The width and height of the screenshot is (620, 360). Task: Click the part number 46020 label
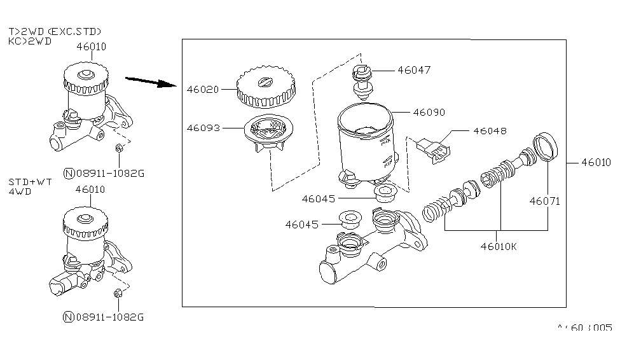click(202, 90)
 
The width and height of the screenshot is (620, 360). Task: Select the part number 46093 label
click(202, 128)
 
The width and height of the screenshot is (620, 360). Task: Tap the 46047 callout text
click(414, 70)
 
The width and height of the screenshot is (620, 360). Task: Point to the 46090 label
click(429, 112)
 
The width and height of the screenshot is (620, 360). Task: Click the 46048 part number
click(489, 131)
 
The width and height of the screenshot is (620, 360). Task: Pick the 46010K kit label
click(499, 246)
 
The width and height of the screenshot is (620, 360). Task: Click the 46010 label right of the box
click(596, 162)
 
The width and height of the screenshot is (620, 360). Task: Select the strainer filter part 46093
click(267, 135)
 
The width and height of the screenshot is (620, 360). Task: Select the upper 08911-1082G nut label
click(107, 172)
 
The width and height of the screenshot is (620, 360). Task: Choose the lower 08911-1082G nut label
click(107, 316)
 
